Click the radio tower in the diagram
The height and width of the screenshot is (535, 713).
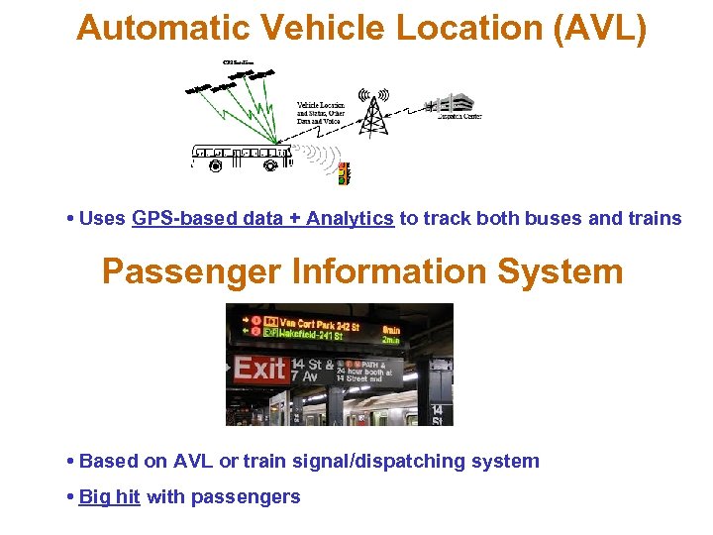[x=373, y=113]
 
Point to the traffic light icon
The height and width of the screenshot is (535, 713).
[x=344, y=174]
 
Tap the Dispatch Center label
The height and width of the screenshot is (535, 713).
[x=459, y=116]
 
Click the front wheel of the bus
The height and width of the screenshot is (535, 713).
[x=271, y=166]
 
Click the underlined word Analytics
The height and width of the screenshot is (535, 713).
[x=350, y=218]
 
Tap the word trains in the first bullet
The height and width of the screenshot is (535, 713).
[x=655, y=218]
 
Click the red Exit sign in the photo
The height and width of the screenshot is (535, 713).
[x=258, y=370]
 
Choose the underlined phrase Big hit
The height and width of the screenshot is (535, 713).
[x=109, y=496]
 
